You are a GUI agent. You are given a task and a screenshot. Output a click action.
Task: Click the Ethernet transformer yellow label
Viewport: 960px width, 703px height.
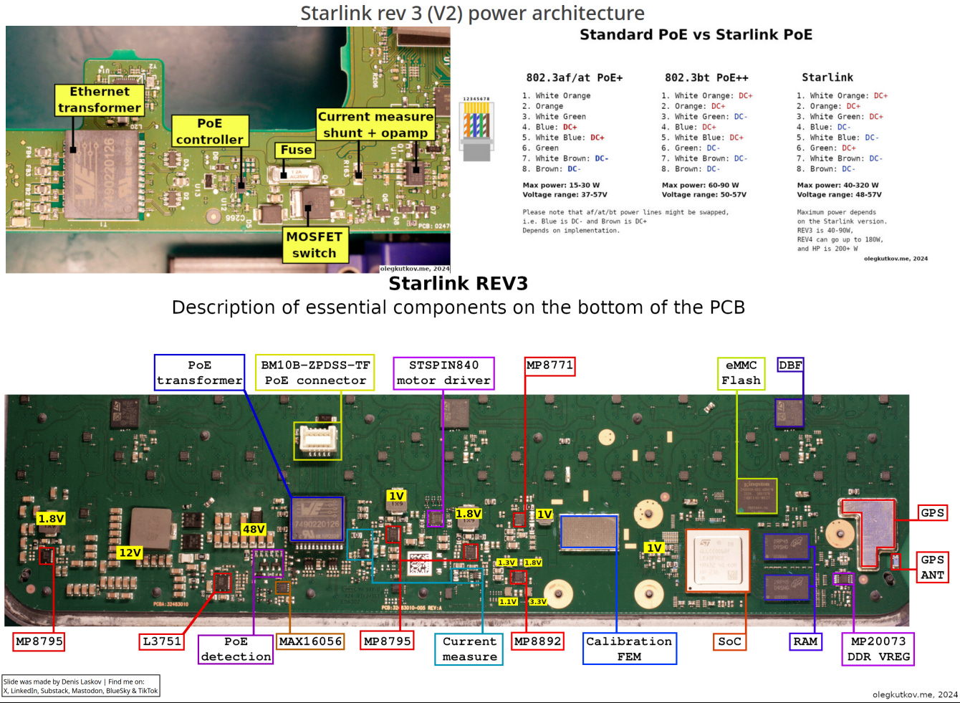100,100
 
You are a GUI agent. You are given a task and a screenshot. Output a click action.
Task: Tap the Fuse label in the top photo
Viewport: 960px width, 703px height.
296,150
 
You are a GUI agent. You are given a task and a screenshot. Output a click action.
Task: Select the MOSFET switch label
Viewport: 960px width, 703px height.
315,245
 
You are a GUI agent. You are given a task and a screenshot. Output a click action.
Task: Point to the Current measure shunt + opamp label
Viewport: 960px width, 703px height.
375,125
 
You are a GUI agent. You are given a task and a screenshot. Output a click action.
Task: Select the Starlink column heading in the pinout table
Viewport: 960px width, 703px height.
827,77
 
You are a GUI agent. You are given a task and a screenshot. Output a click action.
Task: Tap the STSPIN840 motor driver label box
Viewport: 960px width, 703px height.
444,373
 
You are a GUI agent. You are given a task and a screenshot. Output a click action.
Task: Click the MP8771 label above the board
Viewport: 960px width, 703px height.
549,365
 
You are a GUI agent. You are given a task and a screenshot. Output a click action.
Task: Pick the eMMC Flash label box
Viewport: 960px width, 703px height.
741,373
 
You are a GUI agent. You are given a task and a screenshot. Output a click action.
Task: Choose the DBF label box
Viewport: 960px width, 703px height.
790,365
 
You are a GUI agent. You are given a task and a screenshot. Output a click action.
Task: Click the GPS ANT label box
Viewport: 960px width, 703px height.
932,567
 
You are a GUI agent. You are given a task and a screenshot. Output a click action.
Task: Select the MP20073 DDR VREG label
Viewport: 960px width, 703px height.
878,649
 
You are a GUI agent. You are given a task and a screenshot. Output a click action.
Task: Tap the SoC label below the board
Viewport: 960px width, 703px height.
729,641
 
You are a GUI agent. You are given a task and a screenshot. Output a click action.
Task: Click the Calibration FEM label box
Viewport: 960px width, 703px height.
629,649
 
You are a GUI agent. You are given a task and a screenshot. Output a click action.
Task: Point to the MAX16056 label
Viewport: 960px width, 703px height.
310,641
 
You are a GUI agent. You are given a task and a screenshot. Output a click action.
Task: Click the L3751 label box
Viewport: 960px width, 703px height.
162,641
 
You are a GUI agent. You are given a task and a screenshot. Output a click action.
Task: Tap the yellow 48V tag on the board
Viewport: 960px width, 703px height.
254,529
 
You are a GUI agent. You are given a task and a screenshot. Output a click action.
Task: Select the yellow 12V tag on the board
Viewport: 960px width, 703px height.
130,553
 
